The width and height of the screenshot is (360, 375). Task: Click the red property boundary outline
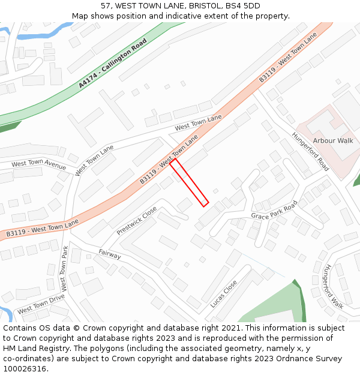[189, 183]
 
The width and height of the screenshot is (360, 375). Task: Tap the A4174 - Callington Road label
[112, 64]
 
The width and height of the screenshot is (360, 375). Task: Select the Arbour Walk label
[333, 140]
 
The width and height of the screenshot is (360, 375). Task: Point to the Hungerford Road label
[310, 151]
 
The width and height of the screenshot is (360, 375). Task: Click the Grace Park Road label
[274, 211]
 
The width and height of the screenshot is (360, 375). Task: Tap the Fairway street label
[110, 254]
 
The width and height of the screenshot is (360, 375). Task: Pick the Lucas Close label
[223, 293]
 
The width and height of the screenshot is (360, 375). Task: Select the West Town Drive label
[41, 304]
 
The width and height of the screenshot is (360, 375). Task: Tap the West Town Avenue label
[39, 164]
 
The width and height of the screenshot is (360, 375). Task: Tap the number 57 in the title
[106, 6]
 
